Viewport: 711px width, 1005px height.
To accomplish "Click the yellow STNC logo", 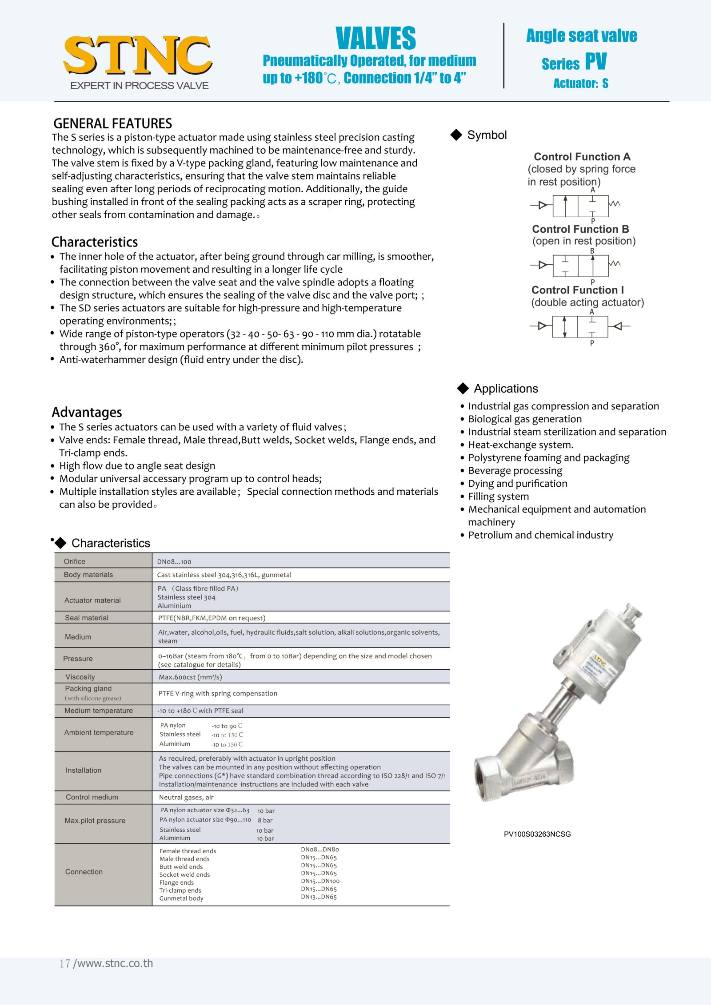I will point(138,56).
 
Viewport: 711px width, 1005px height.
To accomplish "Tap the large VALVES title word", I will point(375,39).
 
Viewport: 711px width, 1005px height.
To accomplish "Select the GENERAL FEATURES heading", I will point(112,123).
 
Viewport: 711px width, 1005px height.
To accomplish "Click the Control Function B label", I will point(580,229).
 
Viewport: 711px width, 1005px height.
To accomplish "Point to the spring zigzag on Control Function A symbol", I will point(615,204).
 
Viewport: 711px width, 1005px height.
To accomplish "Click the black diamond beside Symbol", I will point(456,135).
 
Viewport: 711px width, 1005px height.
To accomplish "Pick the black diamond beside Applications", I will point(463,389).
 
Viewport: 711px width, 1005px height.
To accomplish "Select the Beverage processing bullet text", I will point(515,471).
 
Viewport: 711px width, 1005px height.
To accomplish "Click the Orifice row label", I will point(75,561).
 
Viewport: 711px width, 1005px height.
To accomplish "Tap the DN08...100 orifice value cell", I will point(174,562).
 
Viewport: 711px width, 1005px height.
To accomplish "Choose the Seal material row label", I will point(87,618).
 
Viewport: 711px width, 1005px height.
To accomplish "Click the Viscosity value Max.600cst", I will point(191,677).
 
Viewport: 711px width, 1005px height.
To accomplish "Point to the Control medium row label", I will point(92,797).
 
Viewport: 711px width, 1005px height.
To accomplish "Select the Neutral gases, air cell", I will point(186,797).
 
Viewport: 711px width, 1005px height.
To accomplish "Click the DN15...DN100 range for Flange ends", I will point(320,881).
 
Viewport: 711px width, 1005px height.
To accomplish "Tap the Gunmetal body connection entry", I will point(181,898).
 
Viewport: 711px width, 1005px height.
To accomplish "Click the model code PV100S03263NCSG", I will point(537,834).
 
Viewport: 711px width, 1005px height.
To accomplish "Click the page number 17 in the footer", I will point(65,963).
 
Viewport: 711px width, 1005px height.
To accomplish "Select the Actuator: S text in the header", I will point(581,83).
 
